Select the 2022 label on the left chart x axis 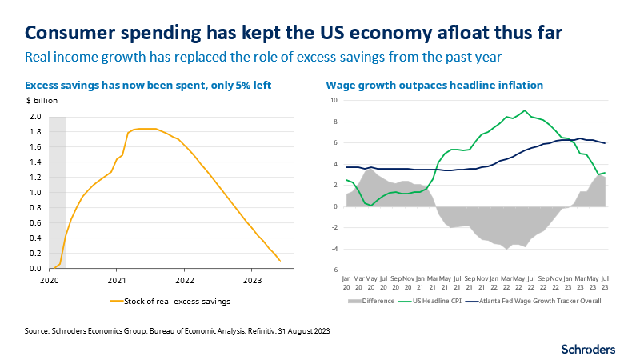tap(185, 281)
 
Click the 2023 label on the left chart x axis tap(252, 281)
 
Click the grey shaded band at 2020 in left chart tap(57, 192)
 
